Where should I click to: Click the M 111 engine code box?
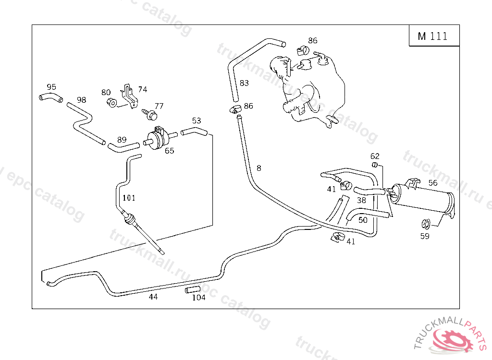(x=434, y=36)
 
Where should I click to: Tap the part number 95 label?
(x=51, y=87)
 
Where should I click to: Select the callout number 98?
(x=82, y=100)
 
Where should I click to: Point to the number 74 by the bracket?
(x=143, y=89)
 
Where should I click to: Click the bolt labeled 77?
(x=150, y=114)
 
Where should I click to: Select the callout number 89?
(x=122, y=140)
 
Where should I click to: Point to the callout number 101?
(x=129, y=197)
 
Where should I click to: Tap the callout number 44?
(x=153, y=297)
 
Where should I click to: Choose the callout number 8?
(x=259, y=168)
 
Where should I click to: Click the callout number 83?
(x=245, y=83)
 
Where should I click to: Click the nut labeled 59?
(x=425, y=223)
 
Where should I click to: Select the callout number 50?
(x=363, y=220)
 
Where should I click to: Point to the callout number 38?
(x=362, y=200)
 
